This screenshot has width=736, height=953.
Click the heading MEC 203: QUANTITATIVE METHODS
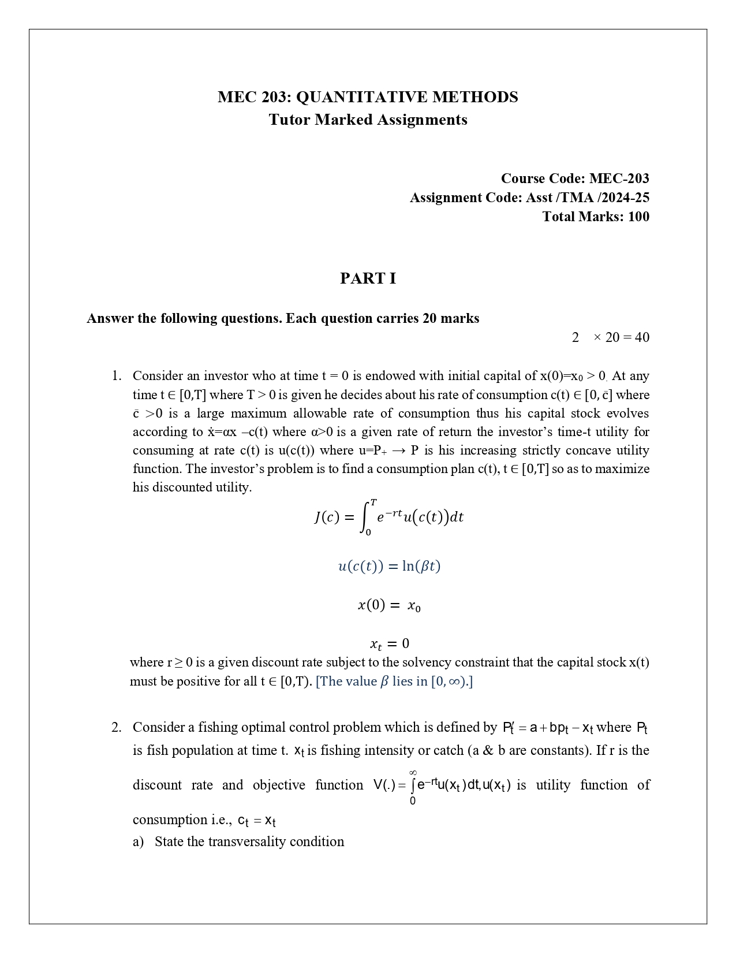pyautogui.click(x=368, y=97)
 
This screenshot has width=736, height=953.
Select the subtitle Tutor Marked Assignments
pyautogui.click(x=368, y=120)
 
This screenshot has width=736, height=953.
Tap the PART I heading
pyautogui.click(x=368, y=278)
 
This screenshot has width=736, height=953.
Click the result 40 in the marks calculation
pyautogui.click(x=641, y=337)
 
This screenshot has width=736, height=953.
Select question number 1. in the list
pyautogui.click(x=117, y=376)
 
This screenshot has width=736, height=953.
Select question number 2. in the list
pyautogui.click(x=117, y=727)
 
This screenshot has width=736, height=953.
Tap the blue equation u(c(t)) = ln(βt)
pyautogui.click(x=389, y=566)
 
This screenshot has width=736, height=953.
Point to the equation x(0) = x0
pyautogui.click(x=389, y=605)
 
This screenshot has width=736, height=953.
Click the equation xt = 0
pyautogui.click(x=389, y=643)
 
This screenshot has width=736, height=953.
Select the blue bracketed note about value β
pyautogui.click(x=394, y=682)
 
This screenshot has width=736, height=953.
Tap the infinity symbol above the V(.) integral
pyautogui.click(x=413, y=772)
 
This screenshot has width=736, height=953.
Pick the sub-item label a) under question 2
pyautogui.click(x=139, y=842)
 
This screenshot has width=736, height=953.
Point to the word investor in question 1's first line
pyautogui.click(x=222, y=376)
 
